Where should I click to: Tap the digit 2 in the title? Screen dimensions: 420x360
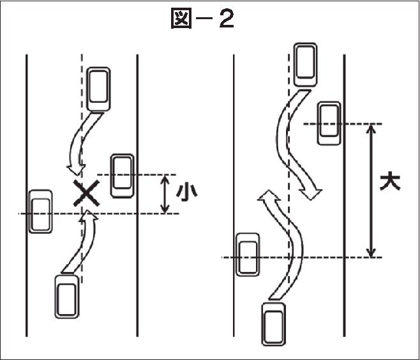coord(227,19)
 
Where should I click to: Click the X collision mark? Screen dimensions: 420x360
coord(86,193)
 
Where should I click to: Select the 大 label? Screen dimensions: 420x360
coord(390,183)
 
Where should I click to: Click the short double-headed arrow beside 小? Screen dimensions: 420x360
coord(165,194)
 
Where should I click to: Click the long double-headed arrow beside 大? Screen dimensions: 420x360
coord(371,190)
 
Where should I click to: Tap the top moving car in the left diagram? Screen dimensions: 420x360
coord(98,89)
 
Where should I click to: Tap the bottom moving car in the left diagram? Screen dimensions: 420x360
coord(66,297)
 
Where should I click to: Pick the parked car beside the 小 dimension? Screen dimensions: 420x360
coord(123,176)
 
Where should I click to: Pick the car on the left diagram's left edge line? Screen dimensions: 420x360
coord(40,211)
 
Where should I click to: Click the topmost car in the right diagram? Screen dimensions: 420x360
coord(305,64)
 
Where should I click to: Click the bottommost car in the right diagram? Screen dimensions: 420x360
coord(273,324)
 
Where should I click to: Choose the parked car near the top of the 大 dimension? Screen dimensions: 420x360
coord(329,123)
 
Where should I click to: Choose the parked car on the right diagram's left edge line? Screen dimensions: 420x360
coord(248,255)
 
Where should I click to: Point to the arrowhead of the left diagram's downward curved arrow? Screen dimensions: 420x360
coord(76,170)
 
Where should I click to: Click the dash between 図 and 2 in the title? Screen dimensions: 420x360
coord(206,19)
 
